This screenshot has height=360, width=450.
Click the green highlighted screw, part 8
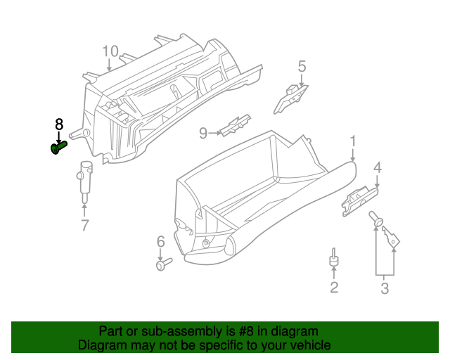coord(58,148)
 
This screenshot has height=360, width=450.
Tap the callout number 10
coord(110,51)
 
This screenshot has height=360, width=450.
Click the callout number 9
coord(203,132)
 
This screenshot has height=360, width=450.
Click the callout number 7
coord(84,225)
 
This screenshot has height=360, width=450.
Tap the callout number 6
coord(160,242)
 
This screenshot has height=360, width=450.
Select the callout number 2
coord(334,286)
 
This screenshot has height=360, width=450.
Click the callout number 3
coord(385,288)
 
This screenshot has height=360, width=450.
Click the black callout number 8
coord(59,124)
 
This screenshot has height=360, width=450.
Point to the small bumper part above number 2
coord(334,260)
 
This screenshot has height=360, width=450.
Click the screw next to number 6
coord(165,265)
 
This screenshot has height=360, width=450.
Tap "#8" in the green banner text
coord(244,331)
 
